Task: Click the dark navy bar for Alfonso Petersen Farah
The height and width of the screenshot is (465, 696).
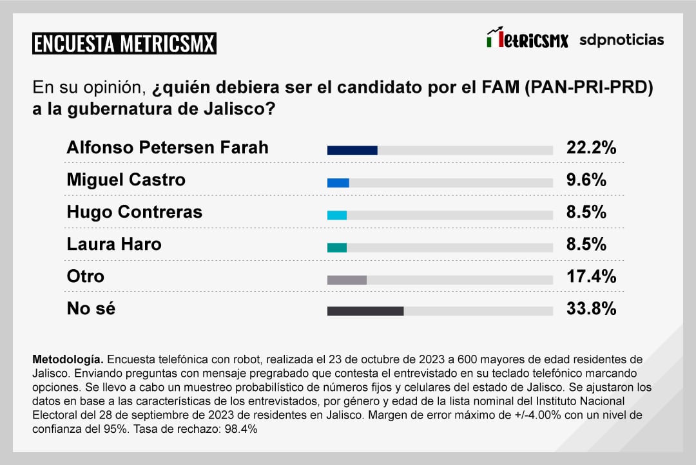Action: click(352, 151)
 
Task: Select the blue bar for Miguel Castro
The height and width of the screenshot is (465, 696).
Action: click(338, 183)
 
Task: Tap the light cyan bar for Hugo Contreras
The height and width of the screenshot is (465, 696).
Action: click(336, 215)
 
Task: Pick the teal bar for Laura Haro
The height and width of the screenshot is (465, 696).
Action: click(336, 247)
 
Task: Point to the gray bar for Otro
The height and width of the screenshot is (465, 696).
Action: click(347, 280)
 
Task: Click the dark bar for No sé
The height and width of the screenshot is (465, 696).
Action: click(365, 311)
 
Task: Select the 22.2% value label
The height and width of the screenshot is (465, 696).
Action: click(591, 148)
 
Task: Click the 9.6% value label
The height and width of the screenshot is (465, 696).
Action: click(586, 180)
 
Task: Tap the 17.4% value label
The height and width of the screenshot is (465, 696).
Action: click(591, 277)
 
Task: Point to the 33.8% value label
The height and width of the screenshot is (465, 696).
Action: click(591, 309)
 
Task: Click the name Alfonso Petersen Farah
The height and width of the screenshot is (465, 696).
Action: click(168, 148)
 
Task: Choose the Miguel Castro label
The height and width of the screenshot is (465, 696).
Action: click(126, 180)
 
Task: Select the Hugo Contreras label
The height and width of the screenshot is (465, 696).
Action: click(134, 212)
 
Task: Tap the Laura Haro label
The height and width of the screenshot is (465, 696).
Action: click(114, 245)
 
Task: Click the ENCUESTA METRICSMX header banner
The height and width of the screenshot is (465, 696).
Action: click(124, 43)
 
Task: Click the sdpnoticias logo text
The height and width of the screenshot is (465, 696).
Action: click(621, 40)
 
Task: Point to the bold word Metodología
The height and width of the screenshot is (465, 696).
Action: click(67, 358)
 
